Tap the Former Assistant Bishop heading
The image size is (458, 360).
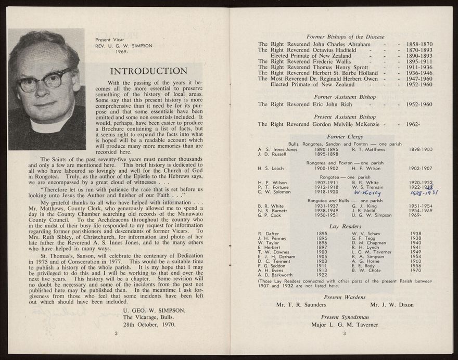(346, 97)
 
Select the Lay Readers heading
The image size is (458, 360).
(346, 226)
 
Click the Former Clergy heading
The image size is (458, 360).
(346, 137)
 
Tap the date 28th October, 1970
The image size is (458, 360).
(149, 324)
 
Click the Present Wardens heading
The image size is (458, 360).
(346, 297)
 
